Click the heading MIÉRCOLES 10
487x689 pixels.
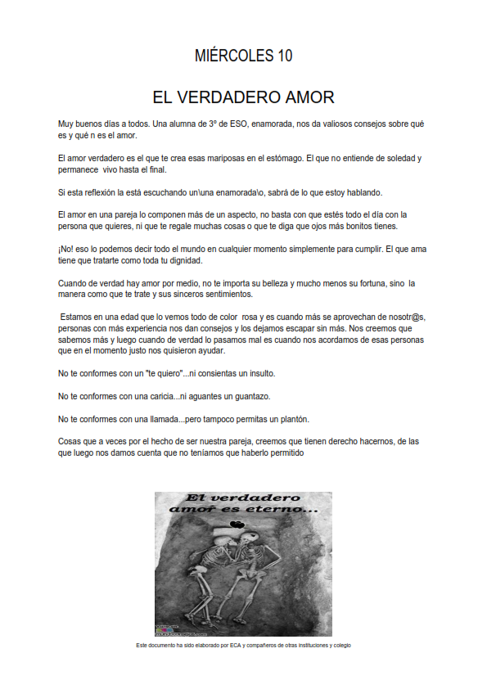coord(243,56)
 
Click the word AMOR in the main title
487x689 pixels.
coord(304,97)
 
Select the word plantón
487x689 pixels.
coord(292,419)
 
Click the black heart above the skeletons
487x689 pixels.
coord(236,525)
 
